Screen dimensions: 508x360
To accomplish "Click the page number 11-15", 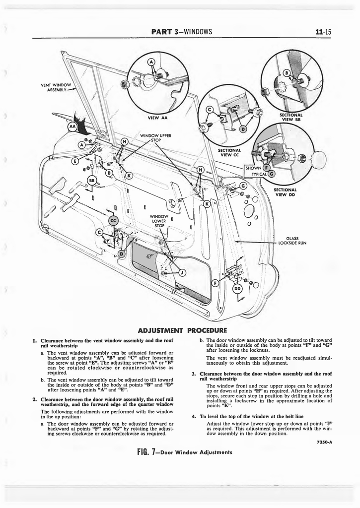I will [x=323, y=32].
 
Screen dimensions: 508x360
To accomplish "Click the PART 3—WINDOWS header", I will [x=182, y=32].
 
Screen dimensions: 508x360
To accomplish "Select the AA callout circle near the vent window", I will [x=72, y=127].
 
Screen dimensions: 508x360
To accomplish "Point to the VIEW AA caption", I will [x=157, y=118].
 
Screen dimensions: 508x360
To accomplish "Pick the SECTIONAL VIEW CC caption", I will [x=229, y=152].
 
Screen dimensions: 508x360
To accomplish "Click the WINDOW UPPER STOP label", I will [x=155, y=137].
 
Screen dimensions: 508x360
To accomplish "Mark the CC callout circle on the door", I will [x=113, y=220].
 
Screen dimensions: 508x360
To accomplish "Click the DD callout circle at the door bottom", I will [x=237, y=288].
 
